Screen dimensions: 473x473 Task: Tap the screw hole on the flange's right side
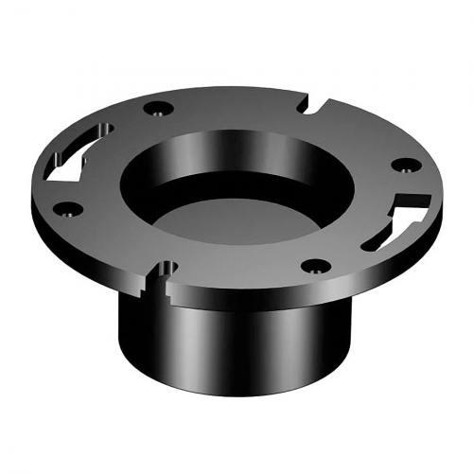pyautogui.click(x=405, y=165)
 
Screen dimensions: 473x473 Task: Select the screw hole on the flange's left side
pyautogui.click(x=67, y=208)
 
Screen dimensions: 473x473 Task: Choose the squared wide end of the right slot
pyautogui.click(x=416, y=200)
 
